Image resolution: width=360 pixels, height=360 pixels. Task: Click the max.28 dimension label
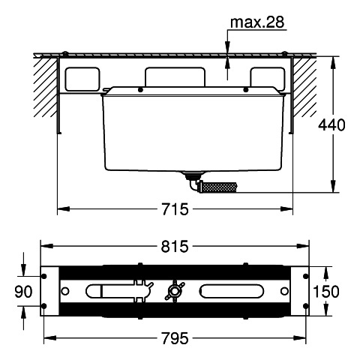[x=257, y=22]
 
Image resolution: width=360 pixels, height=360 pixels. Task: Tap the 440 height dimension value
[x=331, y=124]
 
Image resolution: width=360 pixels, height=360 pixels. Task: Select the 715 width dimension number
[x=175, y=209]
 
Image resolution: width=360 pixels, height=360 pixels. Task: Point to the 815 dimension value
[x=175, y=247]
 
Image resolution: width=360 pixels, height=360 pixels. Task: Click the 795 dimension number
[x=175, y=338]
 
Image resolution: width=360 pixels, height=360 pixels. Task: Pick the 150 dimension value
[x=326, y=292]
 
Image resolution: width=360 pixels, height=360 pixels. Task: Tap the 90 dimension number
[x=23, y=292]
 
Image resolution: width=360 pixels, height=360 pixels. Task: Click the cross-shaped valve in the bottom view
[x=174, y=291]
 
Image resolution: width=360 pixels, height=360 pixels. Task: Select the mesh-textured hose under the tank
[x=218, y=187]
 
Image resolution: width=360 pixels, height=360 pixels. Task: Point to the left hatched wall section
[x=45, y=88]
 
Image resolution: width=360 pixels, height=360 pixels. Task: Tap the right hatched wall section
[x=304, y=88]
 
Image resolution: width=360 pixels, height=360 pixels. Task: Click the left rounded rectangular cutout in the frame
[x=82, y=79]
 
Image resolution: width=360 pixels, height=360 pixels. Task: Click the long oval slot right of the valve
[x=231, y=291]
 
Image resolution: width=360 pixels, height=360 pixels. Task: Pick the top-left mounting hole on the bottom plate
[x=43, y=276]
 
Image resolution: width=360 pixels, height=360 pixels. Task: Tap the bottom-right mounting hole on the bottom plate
[x=305, y=306]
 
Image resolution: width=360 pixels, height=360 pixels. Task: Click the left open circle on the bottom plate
[x=65, y=291]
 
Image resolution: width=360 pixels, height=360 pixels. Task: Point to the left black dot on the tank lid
[x=140, y=89]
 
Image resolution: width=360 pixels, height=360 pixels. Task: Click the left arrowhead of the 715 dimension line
[x=64, y=208]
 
